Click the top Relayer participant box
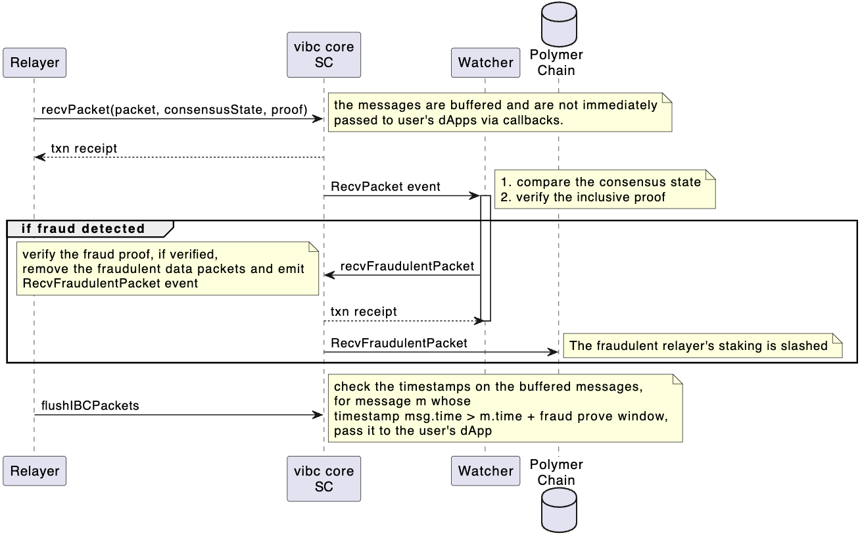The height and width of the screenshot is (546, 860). (x=34, y=62)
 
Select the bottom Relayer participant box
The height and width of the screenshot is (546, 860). (x=34, y=471)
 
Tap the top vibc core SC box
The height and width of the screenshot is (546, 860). (x=323, y=55)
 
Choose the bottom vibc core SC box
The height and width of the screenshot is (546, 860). (x=323, y=479)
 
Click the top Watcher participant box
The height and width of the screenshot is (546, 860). (x=485, y=62)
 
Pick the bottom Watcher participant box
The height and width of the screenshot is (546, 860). (x=485, y=471)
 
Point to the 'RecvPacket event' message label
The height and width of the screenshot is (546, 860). (x=385, y=187)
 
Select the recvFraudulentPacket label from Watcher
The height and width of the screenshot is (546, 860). (x=407, y=266)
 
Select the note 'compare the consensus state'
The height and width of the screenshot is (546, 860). (x=604, y=189)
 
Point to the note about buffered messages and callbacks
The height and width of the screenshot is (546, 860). (x=499, y=112)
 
